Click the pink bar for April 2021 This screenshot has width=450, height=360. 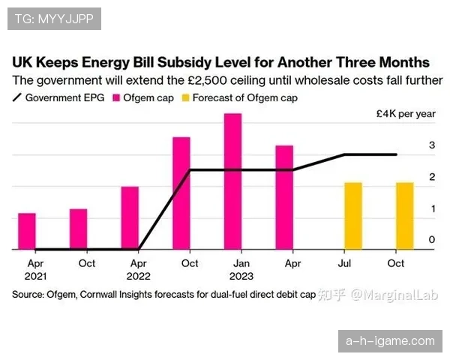pyautogui.click(x=27, y=231)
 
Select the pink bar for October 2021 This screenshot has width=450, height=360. pyautogui.click(x=79, y=229)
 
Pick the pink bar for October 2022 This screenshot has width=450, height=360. pyautogui.click(x=181, y=193)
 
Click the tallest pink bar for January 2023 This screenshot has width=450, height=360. pyautogui.click(x=232, y=181)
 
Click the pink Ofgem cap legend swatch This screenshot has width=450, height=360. pyautogui.click(x=118, y=97)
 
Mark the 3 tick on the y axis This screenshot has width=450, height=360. pyautogui.click(x=432, y=145)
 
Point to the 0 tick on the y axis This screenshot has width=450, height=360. pyautogui.click(x=432, y=240)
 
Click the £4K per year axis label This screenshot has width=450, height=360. pyautogui.click(x=406, y=115)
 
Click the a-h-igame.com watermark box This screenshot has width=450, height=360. pyautogui.click(x=389, y=341)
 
